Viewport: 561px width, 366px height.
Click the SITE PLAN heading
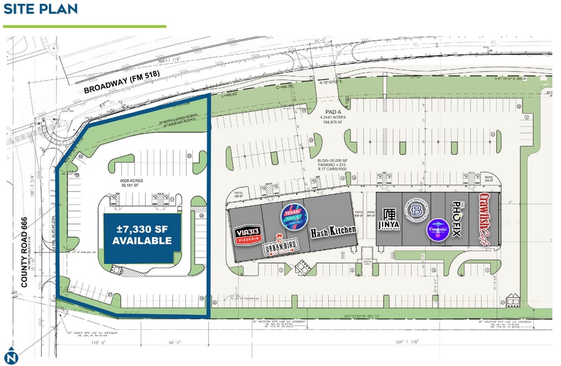click(41, 9)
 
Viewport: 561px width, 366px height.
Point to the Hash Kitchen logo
click(334, 231)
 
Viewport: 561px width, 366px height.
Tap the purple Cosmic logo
click(437, 230)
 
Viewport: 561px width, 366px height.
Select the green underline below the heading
click(85, 26)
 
